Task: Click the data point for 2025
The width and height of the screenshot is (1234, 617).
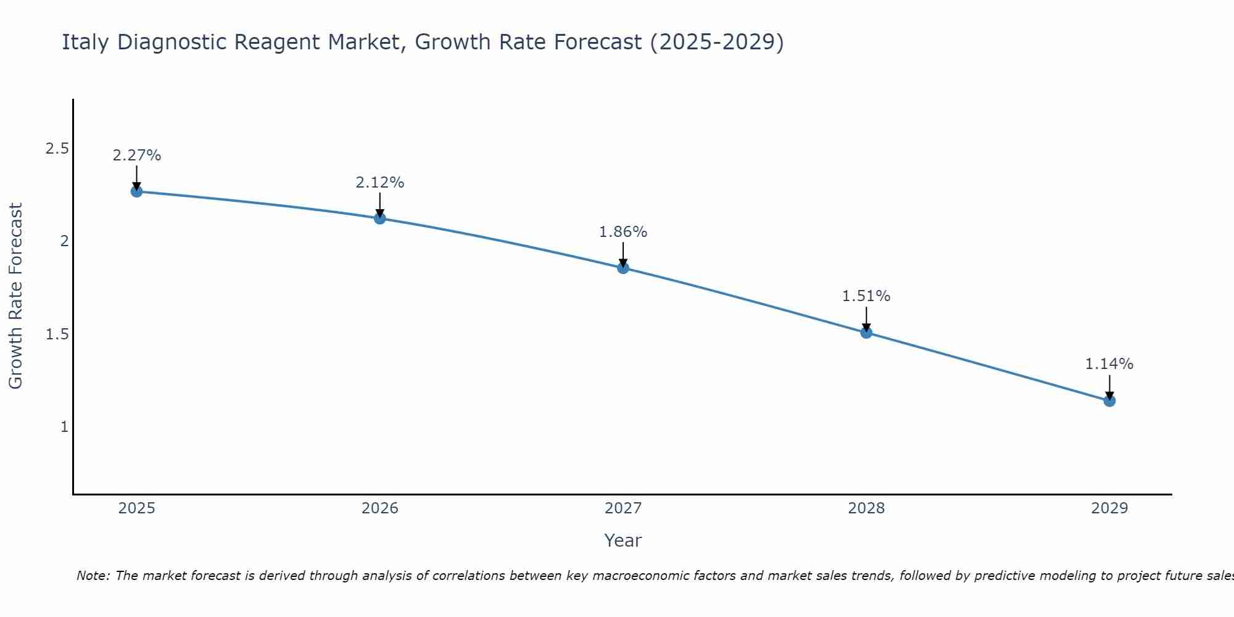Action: [x=136, y=191]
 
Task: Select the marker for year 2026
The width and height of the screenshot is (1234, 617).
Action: [x=380, y=218]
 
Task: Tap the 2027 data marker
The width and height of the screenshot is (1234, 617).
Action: [x=623, y=268]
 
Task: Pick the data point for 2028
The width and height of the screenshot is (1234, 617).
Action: [x=866, y=333]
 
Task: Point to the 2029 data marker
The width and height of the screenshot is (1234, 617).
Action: [x=1109, y=401]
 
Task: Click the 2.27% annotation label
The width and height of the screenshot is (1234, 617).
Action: [x=136, y=155]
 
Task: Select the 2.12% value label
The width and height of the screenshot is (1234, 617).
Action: [x=380, y=183]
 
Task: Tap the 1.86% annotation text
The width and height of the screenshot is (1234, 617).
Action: [x=623, y=232]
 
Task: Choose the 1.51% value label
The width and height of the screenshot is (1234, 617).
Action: [x=866, y=296]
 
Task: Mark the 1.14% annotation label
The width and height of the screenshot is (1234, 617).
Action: [x=1109, y=364]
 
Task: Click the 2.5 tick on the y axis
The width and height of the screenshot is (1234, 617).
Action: [x=57, y=149]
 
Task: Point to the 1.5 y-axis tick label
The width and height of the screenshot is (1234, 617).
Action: [x=57, y=334]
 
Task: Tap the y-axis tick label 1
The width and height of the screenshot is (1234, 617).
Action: [x=64, y=427]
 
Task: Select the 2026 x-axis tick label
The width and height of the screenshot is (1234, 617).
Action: [x=380, y=508]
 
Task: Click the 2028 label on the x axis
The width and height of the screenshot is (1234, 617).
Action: [x=866, y=508]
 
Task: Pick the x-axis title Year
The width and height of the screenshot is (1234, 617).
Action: [x=623, y=540]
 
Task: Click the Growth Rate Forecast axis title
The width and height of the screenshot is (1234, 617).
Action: [x=16, y=296]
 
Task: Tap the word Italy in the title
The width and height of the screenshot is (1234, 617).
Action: [x=86, y=43]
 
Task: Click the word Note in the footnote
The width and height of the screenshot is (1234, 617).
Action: [x=93, y=576]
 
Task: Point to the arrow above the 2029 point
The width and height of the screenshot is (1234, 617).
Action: [x=1109, y=386]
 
